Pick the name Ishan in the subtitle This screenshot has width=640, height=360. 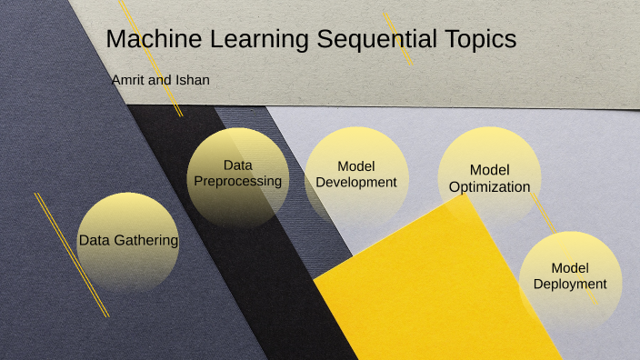point(192,80)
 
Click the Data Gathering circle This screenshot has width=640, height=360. point(128,242)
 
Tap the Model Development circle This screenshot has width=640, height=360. point(355,175)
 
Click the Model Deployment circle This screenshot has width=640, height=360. point(570,277)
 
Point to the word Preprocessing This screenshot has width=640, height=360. point(238,181)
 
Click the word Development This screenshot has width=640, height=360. point(356,182)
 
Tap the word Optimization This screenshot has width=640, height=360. point(489,186)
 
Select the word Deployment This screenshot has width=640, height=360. point(570,284)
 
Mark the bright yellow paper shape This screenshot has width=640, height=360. point(436,291)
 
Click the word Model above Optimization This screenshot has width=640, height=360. point(489,170)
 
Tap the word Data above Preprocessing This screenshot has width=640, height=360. point(237,165)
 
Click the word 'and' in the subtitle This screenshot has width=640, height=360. point(161,80)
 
